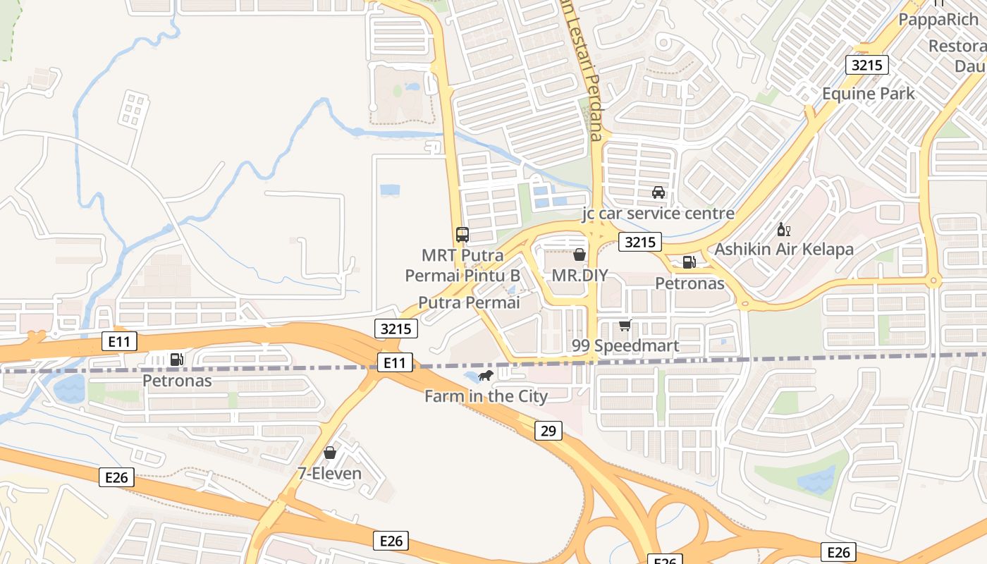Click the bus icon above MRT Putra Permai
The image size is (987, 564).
point(462,235)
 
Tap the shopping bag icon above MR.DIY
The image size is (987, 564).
point(580,255)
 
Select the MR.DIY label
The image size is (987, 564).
point(580,275)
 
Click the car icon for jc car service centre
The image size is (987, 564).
point(658,192)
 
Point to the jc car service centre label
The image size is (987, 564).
point(658,213)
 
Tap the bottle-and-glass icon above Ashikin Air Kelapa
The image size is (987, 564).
point(784,229)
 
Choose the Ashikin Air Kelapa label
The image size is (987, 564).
point(784,249)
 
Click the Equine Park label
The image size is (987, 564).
point(869,93)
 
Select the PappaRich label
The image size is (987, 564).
point(938,20)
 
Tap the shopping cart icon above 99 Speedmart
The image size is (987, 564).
point(625,325)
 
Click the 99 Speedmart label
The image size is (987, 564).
point(625,345)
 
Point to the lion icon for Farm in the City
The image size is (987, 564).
point(486,376)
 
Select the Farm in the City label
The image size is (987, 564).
point(486,396)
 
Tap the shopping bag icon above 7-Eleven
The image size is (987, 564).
point(329,453)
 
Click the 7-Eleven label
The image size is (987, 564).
point(329,473)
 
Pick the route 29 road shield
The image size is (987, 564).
point(548,430)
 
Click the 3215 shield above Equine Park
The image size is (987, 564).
point(866,65)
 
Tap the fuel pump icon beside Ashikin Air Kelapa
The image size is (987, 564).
point(689,262)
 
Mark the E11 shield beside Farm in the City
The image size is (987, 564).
point(394,362)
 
